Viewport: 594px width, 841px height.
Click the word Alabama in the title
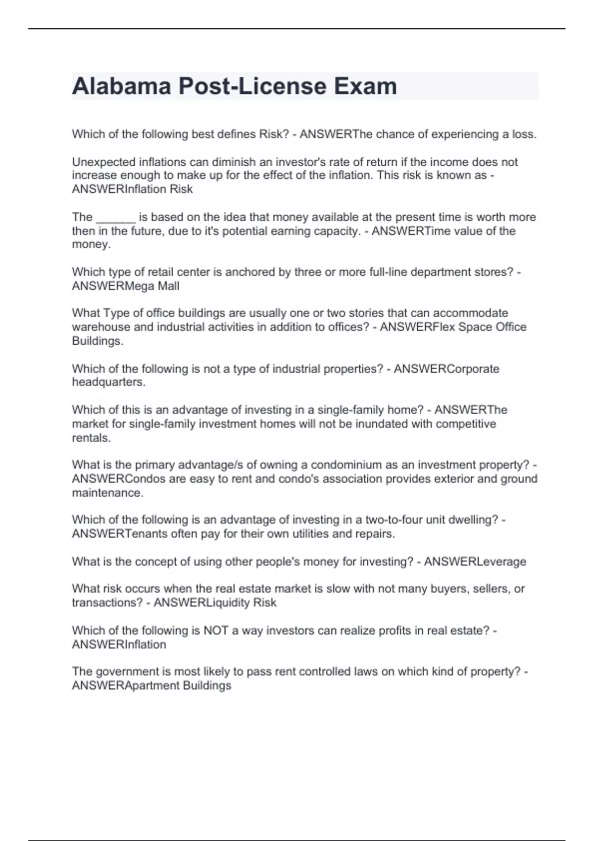(121, 87)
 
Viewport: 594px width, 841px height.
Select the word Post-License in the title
(252, 87)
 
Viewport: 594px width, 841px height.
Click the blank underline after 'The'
(115, 218)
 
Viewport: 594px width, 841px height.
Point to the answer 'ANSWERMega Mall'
(126, 286)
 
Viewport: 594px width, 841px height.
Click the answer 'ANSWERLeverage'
(475, 561)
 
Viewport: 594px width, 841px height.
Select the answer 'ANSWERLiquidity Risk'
(215, 603)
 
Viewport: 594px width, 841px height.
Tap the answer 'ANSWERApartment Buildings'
(151, 686)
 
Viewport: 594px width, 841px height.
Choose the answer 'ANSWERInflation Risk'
(132, 189)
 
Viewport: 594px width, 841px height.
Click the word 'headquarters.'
(109, 382)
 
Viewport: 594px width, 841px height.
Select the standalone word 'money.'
(91, 245)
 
